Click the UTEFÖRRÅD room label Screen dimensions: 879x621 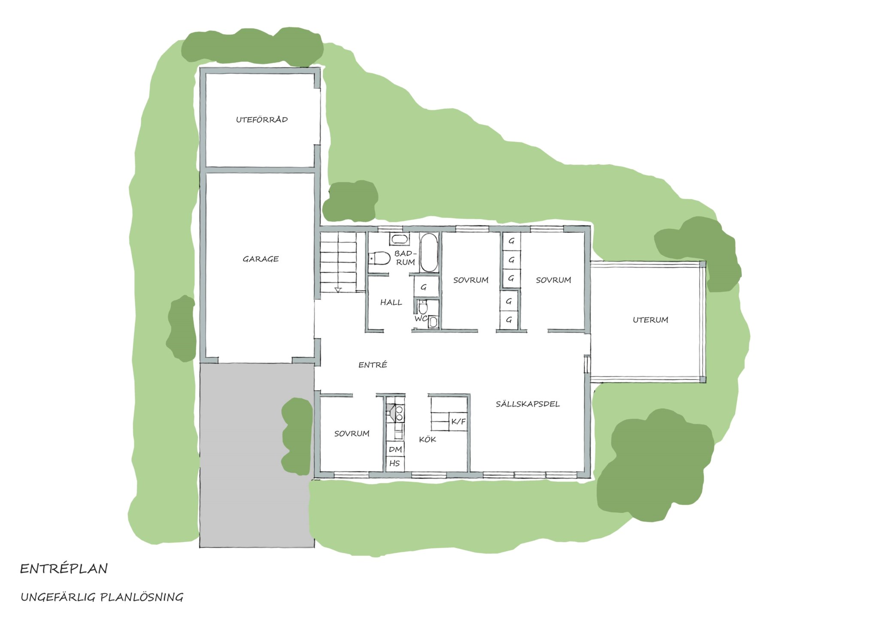262,120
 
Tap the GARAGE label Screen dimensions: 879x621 261,259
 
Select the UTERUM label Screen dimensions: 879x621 650,320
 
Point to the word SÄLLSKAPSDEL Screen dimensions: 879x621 527,404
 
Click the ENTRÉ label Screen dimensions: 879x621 373,365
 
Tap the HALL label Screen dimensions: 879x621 391,302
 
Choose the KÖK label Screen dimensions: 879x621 427,439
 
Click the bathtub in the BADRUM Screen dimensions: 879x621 428,253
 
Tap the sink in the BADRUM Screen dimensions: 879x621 399,239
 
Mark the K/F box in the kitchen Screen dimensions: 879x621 458,422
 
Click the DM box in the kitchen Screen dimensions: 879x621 395,449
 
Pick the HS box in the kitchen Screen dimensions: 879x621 395,463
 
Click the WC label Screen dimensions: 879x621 421,319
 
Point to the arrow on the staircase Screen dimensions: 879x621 338,289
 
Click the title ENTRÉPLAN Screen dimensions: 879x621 64,569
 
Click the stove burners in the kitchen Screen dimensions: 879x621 399,413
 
